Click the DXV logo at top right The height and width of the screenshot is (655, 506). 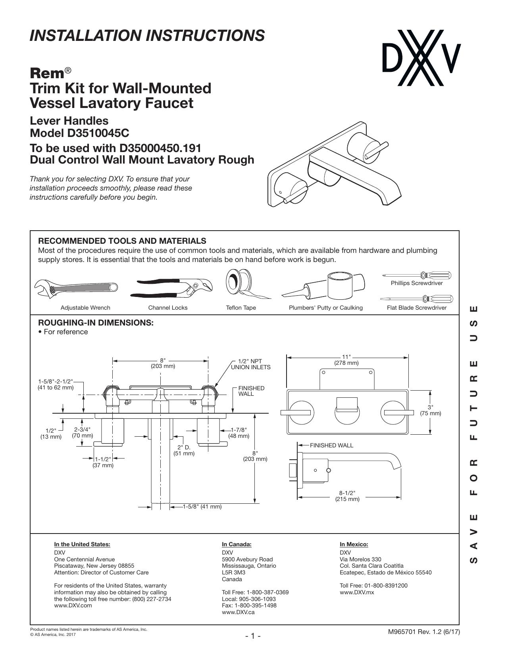pyautogui.click(x=421, y=58)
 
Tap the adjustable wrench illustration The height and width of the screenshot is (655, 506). pyautogui.click(x=76, y=287)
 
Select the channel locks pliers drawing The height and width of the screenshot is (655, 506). pyautogui.click(x=171, y=289)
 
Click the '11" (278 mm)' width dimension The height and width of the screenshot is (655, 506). pyautogui.click(x=346, y=360)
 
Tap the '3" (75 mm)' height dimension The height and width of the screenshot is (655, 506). pyautogui.click(x=430, y=410)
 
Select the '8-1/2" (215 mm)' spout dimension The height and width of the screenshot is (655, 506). pyautogui.click(x=347, y=496)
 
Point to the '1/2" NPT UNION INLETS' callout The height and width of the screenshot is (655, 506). pyautogui.click(x=250, y=364)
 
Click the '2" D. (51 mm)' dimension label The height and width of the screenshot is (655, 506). pyautogui.click(x=184, y=450)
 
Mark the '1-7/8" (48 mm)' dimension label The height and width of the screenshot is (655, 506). pyautogui.click(x=239, y=433)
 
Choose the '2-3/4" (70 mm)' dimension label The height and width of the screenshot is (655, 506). pyautogui.click(x=82, y=432)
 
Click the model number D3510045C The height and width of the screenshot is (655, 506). pyautogui.click(x=98, y=133)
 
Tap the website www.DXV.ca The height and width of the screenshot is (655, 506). pyautogui.click(x=238, y=612)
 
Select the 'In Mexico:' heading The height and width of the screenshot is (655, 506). pyautogui.click(x=354, y=544)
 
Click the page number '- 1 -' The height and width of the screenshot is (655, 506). pyautogui.click(x=253, y=636)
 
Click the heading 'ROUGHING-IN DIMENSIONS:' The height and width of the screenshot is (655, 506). pyautogui.click(x=96, y=323)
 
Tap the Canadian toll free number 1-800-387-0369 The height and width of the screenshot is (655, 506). pyautogui.click(x=267, y=592)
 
